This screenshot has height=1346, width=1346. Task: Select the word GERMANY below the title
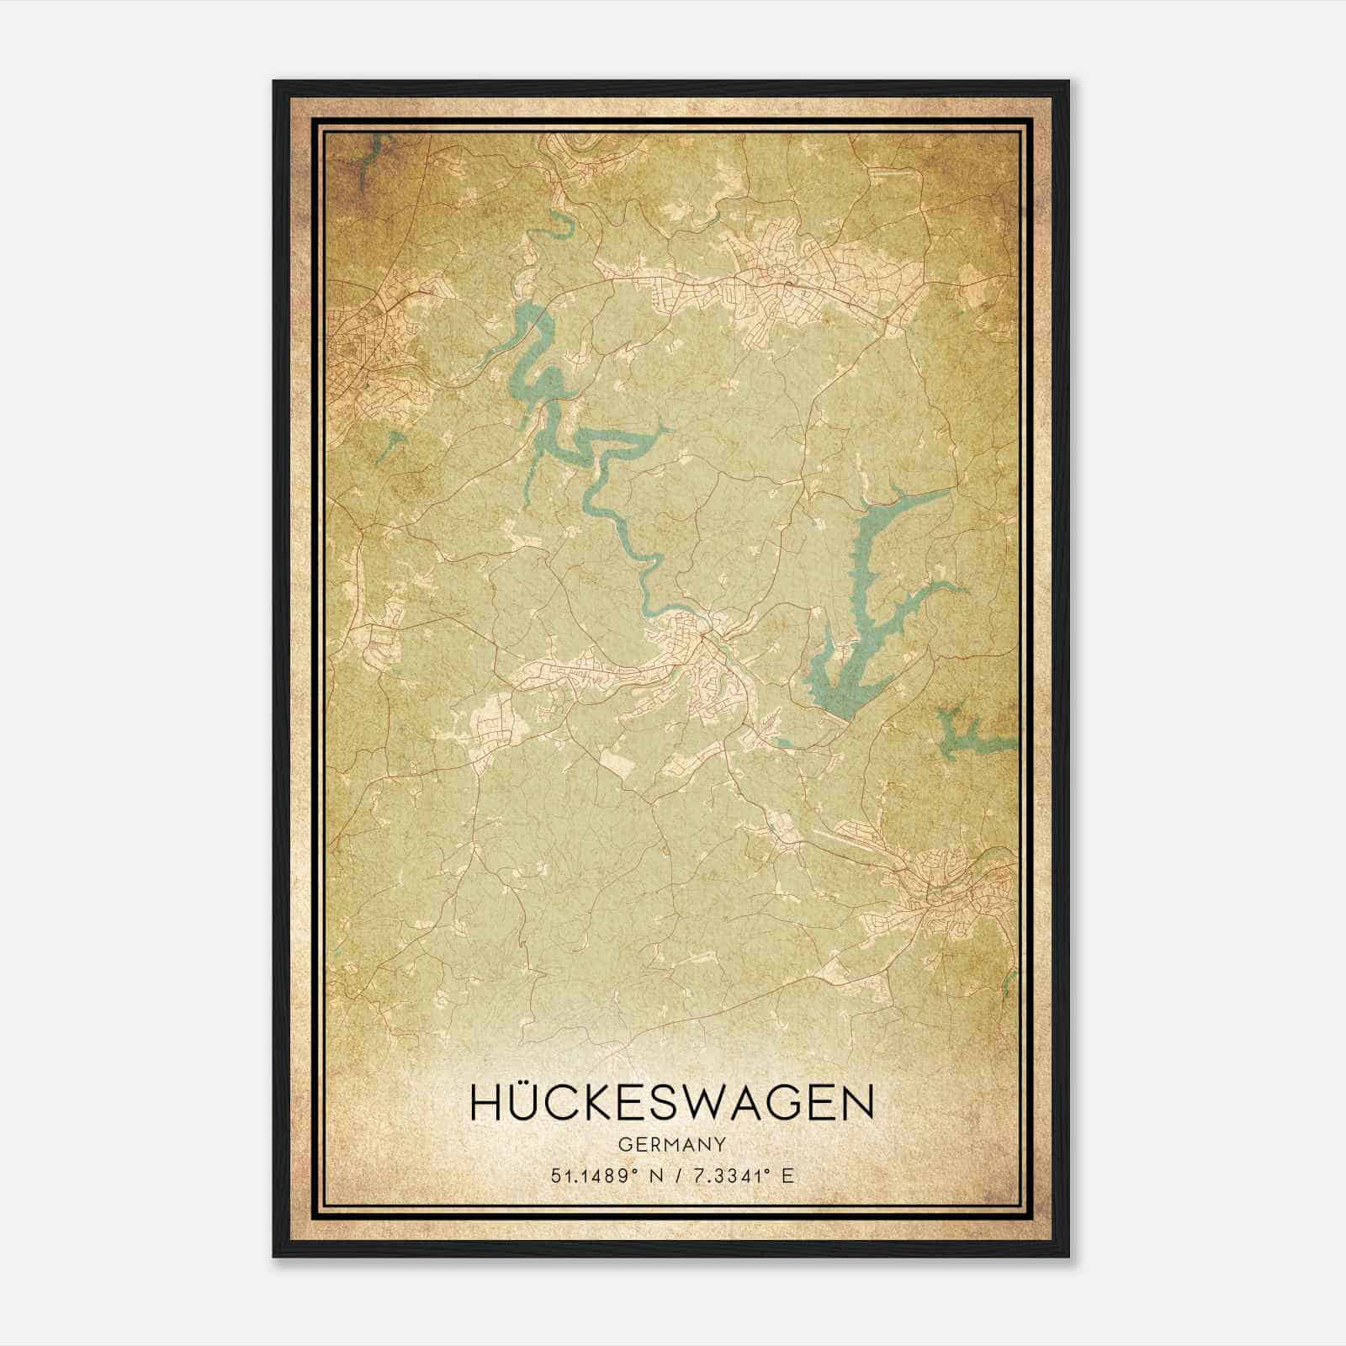coord(671,1144)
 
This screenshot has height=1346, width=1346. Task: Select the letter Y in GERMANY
coord(720,1144)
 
